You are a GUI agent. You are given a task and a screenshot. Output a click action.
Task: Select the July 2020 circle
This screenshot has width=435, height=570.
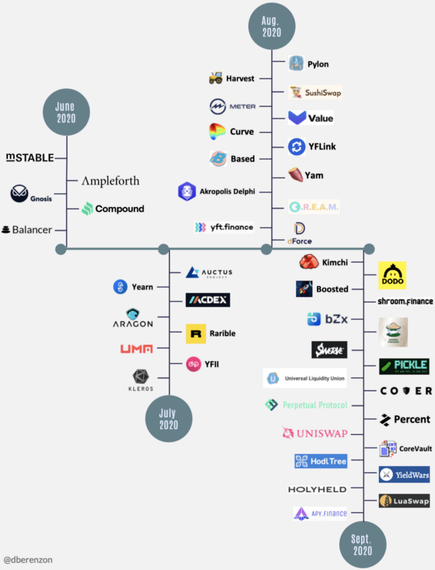168,418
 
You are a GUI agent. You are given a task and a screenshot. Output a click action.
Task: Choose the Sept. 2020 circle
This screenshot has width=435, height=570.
362,544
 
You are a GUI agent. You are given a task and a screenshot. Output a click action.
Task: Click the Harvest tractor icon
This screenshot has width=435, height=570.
216,78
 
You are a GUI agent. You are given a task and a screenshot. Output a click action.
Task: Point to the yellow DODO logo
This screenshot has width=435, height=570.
392,275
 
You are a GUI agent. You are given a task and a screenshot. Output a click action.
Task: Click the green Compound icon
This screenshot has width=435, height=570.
87,209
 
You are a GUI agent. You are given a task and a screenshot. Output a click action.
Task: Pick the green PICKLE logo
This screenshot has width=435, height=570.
403,366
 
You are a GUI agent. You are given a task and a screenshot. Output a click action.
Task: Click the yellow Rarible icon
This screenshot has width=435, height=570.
196,334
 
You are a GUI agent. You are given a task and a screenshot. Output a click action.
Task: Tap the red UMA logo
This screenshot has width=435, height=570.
136,349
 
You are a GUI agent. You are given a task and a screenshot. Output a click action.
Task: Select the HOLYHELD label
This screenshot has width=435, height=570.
317,490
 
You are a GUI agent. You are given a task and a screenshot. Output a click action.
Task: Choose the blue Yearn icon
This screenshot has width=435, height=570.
120,287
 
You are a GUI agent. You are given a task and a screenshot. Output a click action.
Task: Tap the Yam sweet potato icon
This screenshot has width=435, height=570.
295,175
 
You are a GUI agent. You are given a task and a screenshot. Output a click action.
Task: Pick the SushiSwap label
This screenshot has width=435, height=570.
323,93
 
